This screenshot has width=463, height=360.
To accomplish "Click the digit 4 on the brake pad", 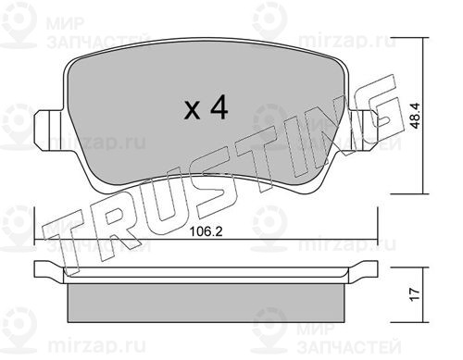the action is (219, 107).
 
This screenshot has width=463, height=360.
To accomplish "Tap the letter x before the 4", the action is (192, 110).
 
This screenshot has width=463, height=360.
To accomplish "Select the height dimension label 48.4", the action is (416, 116).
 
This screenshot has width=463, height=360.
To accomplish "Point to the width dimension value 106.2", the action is (206, 231).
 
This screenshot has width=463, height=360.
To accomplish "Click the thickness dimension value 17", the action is (416, 294).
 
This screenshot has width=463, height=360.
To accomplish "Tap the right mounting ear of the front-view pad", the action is (363, 130).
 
